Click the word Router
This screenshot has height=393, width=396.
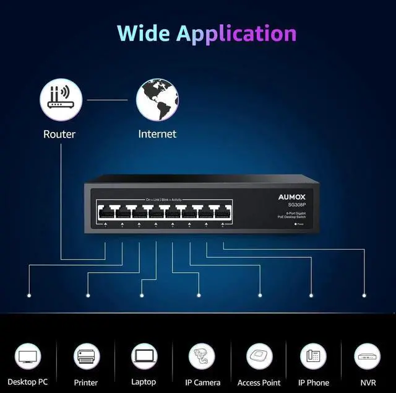(59, 134)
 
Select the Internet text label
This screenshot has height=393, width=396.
(157, 134)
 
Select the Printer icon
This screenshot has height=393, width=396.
(86, 356)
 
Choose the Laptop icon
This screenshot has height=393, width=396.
(144, 356)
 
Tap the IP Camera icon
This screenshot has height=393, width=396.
(202, 356)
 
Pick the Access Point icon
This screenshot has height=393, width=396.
(259, 356)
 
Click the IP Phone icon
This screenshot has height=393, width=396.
(314, 356)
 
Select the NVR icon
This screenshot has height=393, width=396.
(368, 356)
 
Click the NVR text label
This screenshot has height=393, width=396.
(368, 382)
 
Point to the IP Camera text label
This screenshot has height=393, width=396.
(202, 382)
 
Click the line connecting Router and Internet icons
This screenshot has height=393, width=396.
(108, 99)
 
